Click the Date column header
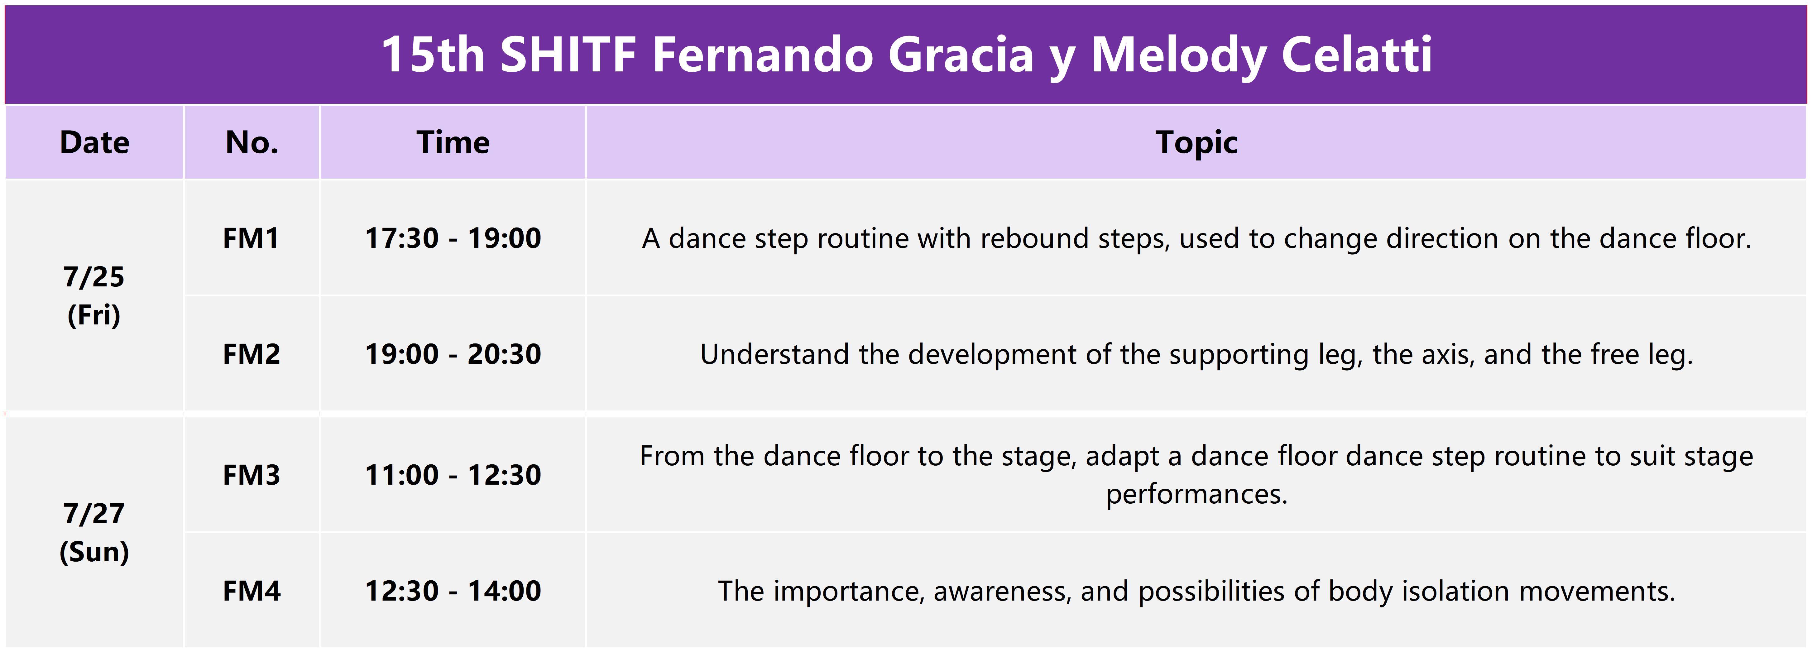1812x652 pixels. click(94, 143)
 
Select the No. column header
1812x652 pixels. click(252, 143)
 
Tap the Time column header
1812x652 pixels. click(453, 143)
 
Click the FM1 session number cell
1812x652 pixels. click(251, 238)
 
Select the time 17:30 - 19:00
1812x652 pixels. click(453, 238)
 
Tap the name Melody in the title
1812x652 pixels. click(1178, 55)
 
